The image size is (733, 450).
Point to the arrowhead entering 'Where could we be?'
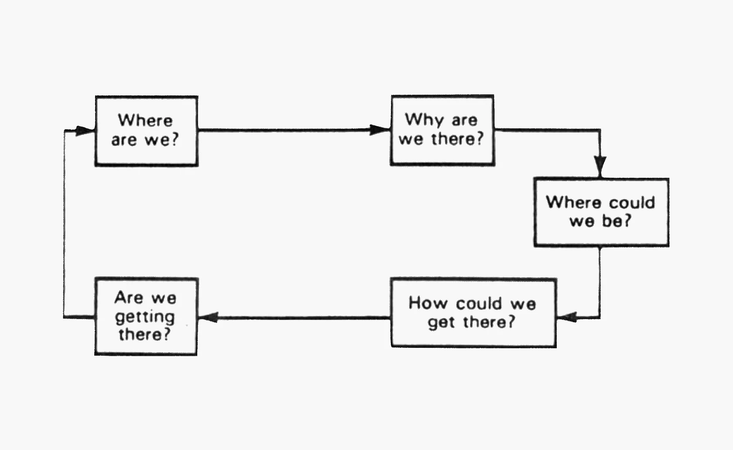(x=600, y=167)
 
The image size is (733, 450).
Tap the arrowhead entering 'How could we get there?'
(x=567, y=317)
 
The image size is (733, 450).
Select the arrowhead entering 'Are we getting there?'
(x=208, y=317)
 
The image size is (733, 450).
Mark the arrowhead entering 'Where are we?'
(x=85, y=131)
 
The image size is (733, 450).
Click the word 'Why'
(x=424, y=120)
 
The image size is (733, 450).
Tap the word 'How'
(x=428, y=303)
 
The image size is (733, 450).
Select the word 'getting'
(x=145, y=317)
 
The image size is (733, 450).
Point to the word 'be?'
(x=616, y=221)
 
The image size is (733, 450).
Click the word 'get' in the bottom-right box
(x=441, y=323)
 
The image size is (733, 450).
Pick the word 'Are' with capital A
(x=129, y=298)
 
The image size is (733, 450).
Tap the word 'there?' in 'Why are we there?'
(x=457, y=139)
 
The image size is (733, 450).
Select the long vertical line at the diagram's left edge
(x=64, y=224)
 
